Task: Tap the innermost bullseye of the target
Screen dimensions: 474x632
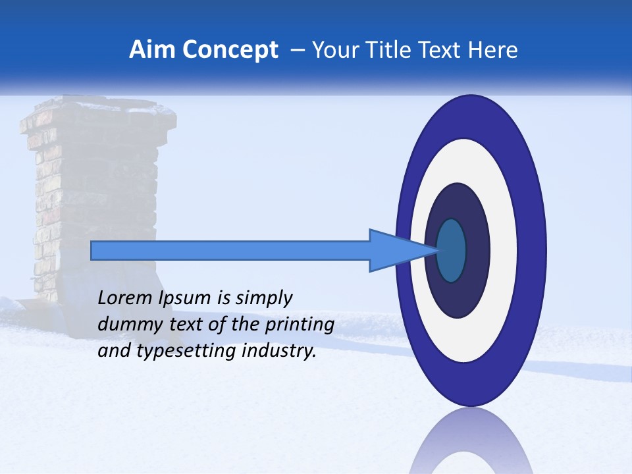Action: click(x=451, y=250)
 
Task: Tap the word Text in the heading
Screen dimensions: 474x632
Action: click(x=440, y=50)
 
